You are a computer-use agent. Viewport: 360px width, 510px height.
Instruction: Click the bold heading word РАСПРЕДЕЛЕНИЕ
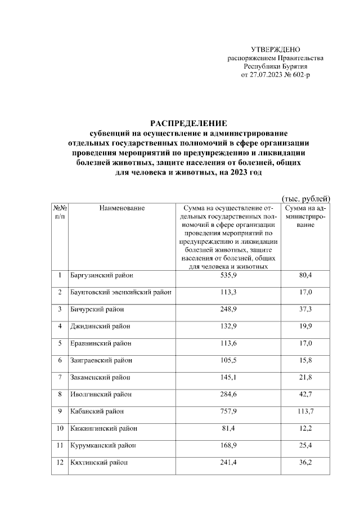pos(188,123)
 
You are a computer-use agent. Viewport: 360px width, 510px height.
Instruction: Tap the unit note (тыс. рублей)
pos(305,198)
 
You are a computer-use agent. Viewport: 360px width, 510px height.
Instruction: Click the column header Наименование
pos(122,208)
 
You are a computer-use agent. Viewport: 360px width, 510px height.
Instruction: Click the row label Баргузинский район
pos(101,276)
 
